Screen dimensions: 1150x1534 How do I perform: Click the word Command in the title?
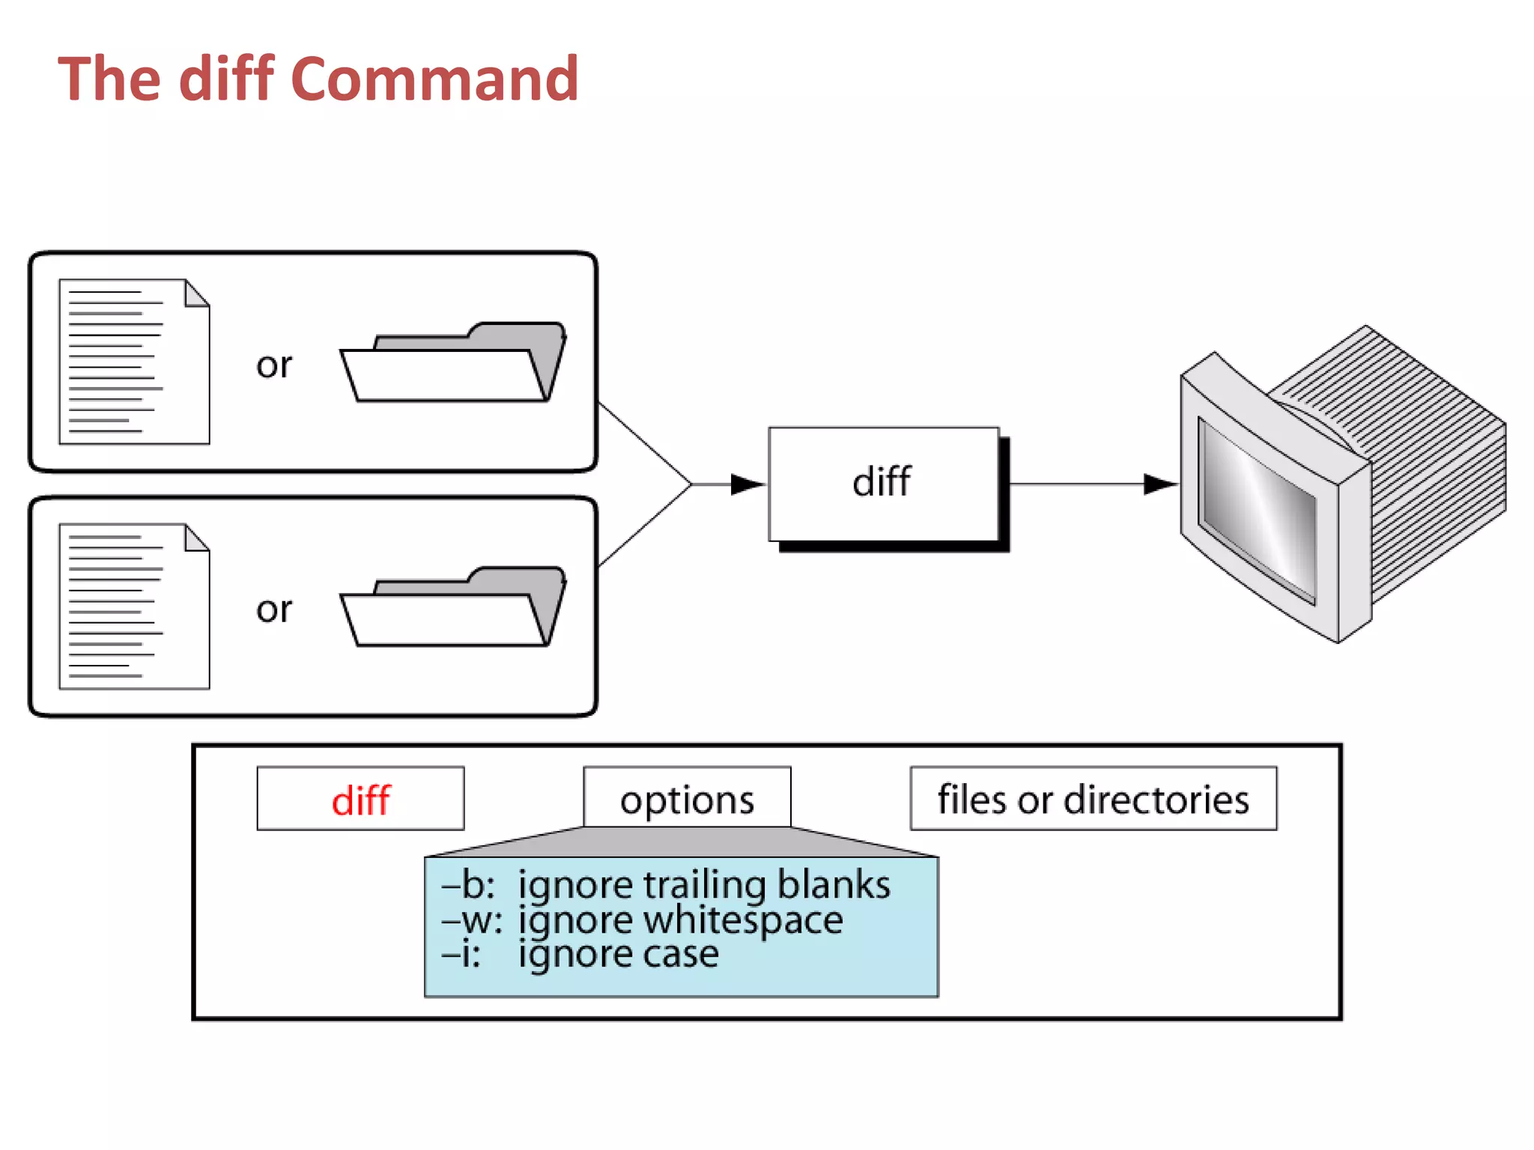(434, 79)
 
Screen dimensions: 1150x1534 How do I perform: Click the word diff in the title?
(226, 79)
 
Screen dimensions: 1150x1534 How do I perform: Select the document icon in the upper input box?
(134, 362)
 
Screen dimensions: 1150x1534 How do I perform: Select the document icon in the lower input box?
(134, 606)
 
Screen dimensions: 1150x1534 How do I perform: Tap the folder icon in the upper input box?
(452, 364)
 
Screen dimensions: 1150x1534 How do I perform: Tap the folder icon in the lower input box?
(452, 608)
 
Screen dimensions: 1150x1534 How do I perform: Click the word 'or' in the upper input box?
(273, 365)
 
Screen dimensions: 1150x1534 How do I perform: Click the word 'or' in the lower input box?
(273, 609)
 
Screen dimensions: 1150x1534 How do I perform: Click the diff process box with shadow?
(884, 484)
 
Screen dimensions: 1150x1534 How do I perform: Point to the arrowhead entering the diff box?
(748, 484)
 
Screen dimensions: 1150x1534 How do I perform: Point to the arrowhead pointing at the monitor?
(1159, 484)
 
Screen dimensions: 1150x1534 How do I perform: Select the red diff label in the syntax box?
(360, 800)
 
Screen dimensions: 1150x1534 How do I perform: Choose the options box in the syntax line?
(687, 798)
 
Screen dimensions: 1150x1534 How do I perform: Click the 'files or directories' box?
(1093, 799)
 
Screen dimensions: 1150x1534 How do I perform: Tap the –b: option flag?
(468, 885)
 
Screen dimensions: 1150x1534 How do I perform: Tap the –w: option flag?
(472, 920)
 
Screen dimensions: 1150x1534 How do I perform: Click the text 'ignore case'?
(619, 954)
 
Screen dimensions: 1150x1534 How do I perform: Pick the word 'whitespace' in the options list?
(743, 920)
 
